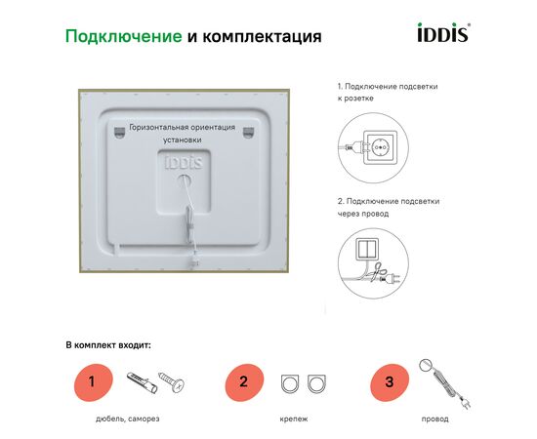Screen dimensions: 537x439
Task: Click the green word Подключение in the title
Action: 124,36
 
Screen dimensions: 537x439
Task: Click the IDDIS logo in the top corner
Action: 443,32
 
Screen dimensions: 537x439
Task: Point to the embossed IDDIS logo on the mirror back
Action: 184,162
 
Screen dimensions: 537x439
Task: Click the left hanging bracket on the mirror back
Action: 119,132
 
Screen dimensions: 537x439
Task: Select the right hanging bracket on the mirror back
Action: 248,132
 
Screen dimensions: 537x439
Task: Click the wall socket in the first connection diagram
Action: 380,147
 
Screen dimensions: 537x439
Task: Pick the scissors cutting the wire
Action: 377,271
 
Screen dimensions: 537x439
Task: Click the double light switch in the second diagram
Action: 367,249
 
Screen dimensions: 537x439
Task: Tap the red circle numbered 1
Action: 94,382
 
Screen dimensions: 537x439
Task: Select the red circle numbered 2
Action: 244,382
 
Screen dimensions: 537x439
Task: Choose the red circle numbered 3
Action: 390,382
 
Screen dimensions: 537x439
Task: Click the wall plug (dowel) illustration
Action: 143,382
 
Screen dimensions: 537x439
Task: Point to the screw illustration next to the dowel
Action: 172,382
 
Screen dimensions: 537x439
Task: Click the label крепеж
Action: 294,419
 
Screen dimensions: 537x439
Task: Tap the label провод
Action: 434,419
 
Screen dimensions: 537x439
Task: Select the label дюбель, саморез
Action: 127,419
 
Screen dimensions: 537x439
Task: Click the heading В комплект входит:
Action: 108,345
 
